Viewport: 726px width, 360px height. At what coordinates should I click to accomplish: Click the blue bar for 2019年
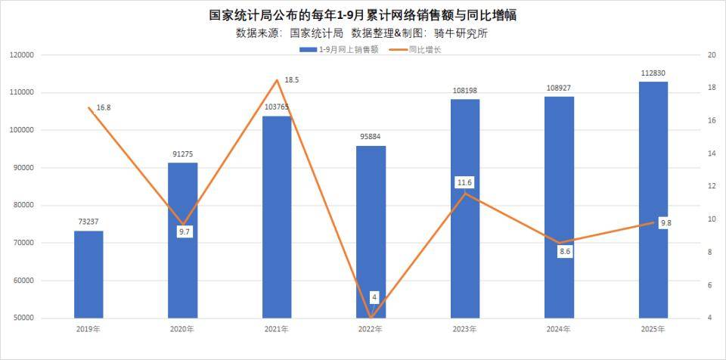(x=88, y=274)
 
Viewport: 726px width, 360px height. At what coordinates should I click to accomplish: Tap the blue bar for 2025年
(x=653, y=200)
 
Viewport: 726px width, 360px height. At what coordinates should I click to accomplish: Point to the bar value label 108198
(x=464, y=91)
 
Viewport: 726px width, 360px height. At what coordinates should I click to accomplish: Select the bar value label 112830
(x=653, y=73)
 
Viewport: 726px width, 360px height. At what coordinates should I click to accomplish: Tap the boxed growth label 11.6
(x=464, y=183)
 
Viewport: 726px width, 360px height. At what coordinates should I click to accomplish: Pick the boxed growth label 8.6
(x=565, y=252)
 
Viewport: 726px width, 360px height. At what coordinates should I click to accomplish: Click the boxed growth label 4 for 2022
(x=374, y=296)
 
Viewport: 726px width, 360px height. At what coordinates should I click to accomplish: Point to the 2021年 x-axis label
(x=277, y=330)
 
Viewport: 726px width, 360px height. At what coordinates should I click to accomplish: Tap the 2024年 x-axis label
(x=559, y=330)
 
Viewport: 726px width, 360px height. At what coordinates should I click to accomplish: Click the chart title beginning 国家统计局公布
(x=363, y=15)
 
